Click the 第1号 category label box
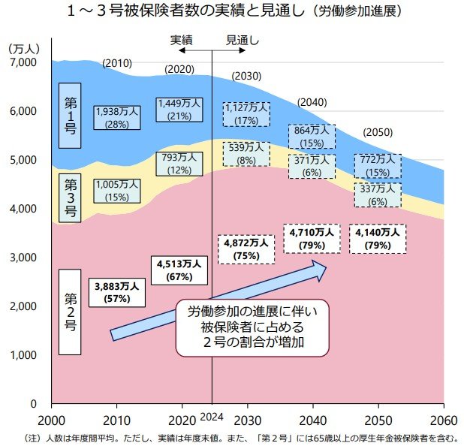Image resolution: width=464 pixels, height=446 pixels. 69,116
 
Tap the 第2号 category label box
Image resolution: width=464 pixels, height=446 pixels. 69,312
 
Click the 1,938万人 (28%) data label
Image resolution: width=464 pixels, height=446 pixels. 117,116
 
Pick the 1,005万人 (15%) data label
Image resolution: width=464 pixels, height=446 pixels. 117,190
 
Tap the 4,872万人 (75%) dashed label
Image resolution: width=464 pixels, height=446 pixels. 243,249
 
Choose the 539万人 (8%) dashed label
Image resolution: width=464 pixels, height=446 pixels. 246,154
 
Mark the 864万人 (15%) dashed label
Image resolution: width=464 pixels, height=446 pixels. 311,136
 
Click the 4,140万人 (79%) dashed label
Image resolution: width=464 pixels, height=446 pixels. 378,238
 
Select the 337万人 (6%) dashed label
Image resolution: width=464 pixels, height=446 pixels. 377,195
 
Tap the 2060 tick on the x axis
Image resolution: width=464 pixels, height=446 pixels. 443,419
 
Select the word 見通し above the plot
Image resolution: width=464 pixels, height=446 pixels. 243,40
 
